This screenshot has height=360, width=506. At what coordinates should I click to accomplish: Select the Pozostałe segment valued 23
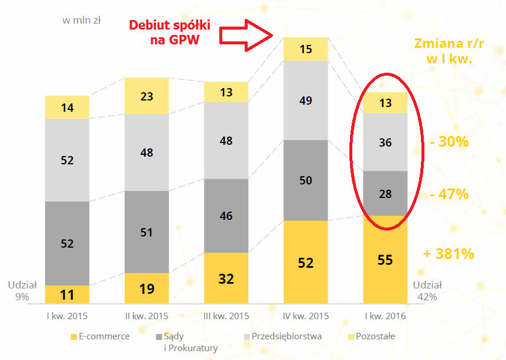click(147, 96)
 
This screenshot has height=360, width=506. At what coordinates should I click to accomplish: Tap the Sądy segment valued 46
click(226, 216)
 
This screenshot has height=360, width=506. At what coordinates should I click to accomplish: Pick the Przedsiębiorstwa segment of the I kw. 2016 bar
click(385, 142)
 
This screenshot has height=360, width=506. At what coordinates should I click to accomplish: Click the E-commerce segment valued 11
click(67, 294)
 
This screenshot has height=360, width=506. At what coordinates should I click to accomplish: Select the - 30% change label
click(449, 142)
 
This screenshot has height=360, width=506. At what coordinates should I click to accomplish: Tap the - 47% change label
click(449, 194)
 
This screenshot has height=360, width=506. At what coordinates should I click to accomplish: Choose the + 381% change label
click(449, 254)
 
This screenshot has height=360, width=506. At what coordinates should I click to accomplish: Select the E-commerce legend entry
click(100, 336)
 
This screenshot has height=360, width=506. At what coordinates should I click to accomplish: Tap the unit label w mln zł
click(82, 20)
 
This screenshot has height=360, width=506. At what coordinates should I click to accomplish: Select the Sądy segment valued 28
click(385, 193)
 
